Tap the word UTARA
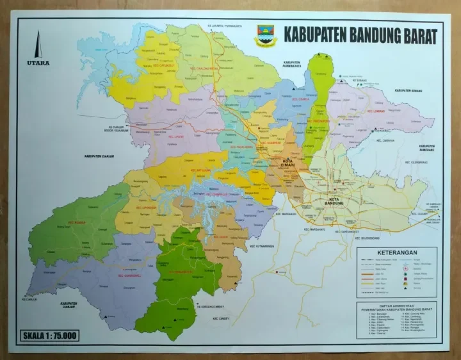38,63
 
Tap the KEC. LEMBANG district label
374,111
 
